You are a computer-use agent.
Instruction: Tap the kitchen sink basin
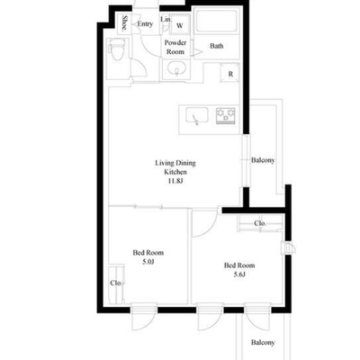point(197,116)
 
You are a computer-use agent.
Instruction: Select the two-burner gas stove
point(226,116)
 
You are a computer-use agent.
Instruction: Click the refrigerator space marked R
point(230,73)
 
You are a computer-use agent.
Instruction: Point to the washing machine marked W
point(180,25)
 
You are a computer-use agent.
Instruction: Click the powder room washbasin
point(175,69)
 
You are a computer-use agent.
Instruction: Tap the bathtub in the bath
point(216,21)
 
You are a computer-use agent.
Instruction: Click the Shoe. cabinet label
point(124,22)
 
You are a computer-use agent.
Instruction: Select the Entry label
point(145,23)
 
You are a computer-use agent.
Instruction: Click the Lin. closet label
point(166,19)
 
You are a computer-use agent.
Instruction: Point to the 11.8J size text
point(175,181)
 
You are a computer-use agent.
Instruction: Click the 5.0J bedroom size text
point(148,262)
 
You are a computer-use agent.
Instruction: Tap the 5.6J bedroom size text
point(239,274)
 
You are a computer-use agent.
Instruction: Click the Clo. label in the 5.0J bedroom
point(116,283)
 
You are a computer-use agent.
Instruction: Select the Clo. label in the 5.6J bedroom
point(260,223)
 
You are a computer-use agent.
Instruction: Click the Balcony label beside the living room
point(263,160)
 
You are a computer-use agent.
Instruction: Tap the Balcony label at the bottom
point(263,342)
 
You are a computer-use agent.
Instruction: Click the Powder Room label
point(175,47)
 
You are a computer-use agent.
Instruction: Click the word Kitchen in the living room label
point(175,172)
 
